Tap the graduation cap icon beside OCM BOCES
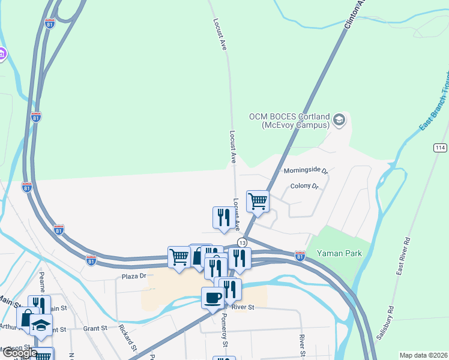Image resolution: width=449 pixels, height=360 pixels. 339,120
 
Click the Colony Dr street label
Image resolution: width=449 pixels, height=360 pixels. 303,186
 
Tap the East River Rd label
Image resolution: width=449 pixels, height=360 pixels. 403,256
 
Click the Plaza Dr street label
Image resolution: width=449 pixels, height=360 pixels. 134,277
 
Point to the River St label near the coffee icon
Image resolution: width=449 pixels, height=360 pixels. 243,307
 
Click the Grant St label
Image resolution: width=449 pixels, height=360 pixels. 95,328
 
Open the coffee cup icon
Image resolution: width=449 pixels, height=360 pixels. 214,298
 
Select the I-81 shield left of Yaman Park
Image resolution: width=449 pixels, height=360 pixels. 300,256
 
